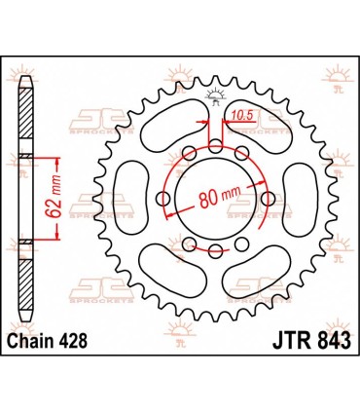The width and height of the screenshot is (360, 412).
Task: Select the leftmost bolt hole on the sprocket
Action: (166, 208)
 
